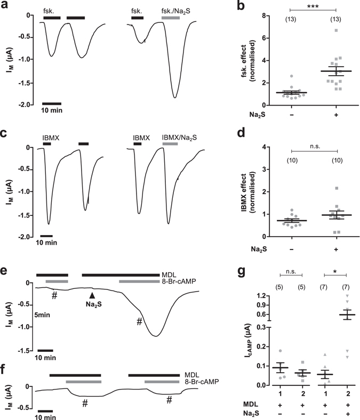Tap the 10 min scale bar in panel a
pos(52,103)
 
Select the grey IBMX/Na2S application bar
pos(171,144)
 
